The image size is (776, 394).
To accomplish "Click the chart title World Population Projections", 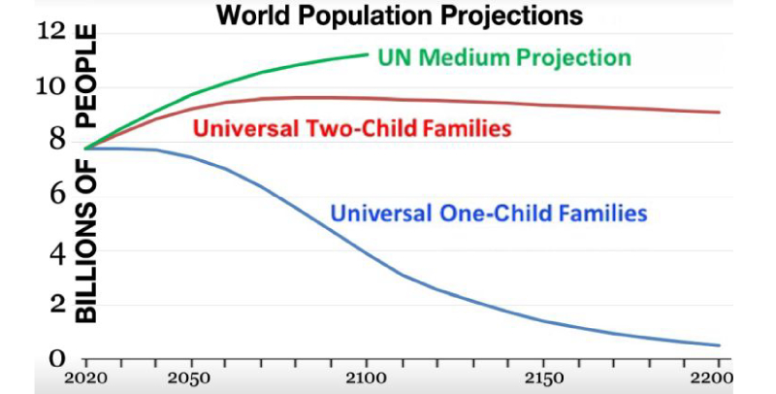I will (x=399, y=16).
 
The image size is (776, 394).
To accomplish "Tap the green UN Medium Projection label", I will (x=505, y=57).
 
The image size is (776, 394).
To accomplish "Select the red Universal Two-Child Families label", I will (x=353, y=127).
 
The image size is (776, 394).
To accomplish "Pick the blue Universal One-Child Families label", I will (x=489, y=211).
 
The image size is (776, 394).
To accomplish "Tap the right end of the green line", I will (x=369, y=53).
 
